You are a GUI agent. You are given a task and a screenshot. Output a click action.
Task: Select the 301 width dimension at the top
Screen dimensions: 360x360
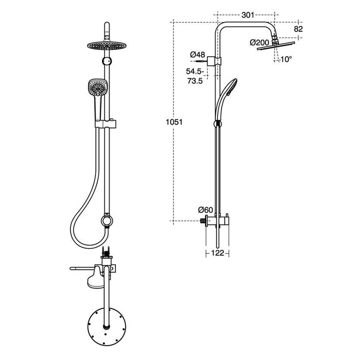[x=247, y=15]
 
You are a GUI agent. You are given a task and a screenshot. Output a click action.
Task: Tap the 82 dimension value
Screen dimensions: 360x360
[x=298, y=29]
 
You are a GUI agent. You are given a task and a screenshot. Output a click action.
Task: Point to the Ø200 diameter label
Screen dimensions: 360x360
[x=259, y=42]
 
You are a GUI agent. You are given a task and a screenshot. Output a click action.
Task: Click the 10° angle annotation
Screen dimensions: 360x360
[x=286, y=59]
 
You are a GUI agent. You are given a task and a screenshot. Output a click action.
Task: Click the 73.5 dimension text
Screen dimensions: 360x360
[x=196, y=81]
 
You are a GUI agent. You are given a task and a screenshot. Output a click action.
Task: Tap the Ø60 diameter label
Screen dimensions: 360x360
[x=206, y=209]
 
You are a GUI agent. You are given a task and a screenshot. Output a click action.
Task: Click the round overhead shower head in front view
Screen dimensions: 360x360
[x=106, y=44]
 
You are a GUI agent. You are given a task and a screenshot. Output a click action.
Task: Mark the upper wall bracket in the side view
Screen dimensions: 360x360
[x=217, y=61]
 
